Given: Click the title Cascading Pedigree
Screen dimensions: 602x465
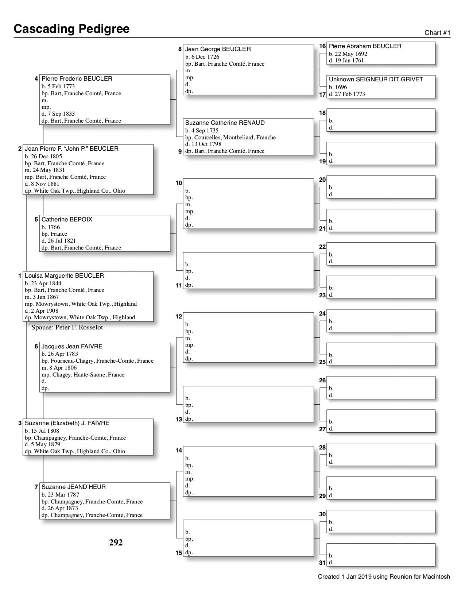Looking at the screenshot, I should click(71, 29).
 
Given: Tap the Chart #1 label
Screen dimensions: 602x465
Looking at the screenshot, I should click(437, 33).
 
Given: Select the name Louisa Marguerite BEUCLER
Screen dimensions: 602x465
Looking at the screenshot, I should click(64, 276).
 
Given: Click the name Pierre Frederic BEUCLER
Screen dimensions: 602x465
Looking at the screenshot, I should click(77, 79).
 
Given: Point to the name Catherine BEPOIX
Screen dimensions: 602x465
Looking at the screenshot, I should click(67, 220).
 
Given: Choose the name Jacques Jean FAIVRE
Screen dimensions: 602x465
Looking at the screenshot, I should click(72, 347).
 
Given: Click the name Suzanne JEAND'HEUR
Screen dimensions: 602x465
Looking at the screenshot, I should click(73, 487).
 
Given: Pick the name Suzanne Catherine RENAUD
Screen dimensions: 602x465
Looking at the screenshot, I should click(225, 123).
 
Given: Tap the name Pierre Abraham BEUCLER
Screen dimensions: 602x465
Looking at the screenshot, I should click(365, 46).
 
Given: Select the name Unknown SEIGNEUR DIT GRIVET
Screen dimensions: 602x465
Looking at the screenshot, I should click(376, 80).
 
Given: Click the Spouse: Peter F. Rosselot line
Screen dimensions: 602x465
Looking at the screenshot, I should click(67, 328).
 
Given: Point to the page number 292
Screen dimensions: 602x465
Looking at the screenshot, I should click(116, 543).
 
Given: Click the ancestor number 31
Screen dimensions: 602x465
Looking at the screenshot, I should click(322, 563).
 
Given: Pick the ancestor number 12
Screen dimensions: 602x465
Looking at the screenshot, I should click(179, 317).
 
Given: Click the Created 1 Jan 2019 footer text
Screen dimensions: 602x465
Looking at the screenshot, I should click(384, 577).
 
